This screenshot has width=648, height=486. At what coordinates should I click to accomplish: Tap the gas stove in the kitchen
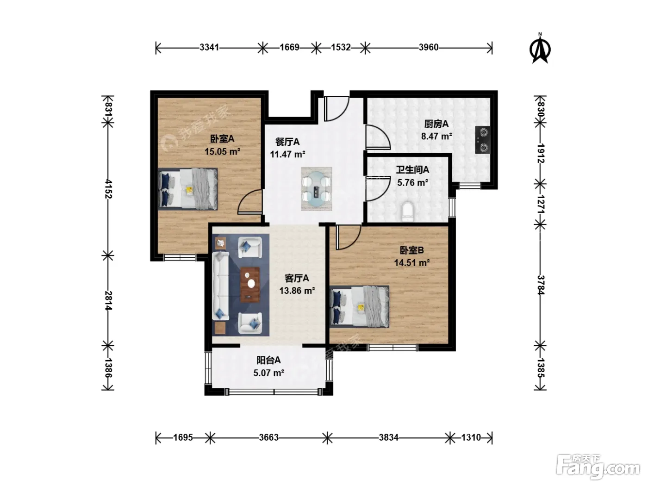click(x=483, y=140)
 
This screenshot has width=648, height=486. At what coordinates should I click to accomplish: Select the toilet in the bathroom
click(x=408, y=211)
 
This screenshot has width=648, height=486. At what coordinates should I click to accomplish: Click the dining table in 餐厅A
click(x=316, y=189)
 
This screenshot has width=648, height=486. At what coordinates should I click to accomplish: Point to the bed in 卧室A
click(x=188, y=189)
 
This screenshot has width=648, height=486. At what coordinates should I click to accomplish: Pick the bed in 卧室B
click(x=359, y=306)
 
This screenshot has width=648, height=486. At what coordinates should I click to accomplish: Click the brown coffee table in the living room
click(x=250, y=285)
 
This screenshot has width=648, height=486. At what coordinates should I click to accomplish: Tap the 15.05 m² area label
click(x=222, y=152)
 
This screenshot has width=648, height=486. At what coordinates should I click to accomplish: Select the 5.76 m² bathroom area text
click(x=412, y=183)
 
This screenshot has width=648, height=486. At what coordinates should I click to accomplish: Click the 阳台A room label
click(x=268, y=360)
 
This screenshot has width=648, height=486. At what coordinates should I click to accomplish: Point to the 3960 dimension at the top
click(x=428, y=47)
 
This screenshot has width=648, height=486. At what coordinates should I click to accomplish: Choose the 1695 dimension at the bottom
click(x=183, y=437)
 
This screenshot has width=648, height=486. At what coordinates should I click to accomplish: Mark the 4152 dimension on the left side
click(x=108, y=189)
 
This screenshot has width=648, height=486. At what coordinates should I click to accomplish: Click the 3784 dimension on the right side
click(x=540, y=285)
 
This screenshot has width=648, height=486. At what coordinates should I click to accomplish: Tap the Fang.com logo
click(x=598, y=467)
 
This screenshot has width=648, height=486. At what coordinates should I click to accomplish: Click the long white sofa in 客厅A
click(x=220, y=285)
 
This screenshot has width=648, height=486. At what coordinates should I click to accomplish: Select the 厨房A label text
click(x=436, y=124)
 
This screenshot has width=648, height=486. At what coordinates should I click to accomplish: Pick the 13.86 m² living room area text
click(x=297, y=291)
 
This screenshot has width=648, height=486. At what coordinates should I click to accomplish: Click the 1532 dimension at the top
click(x=341, y=47)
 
